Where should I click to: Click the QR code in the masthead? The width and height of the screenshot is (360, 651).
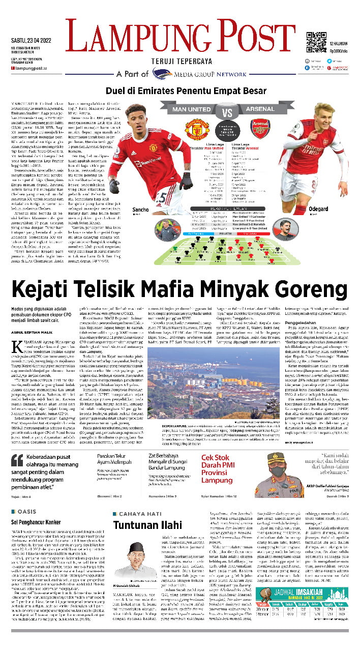316,42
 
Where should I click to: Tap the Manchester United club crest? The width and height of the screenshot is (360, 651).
197,129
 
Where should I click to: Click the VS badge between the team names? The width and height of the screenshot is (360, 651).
228,109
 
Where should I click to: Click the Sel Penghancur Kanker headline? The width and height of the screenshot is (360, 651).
41,522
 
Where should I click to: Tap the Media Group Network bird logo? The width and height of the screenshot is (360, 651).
162,74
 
